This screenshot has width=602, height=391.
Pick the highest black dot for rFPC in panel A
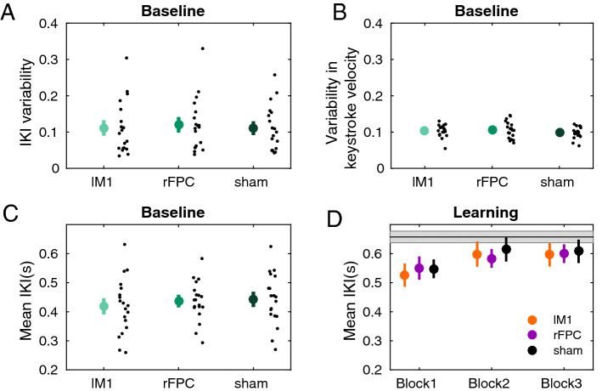202,48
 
